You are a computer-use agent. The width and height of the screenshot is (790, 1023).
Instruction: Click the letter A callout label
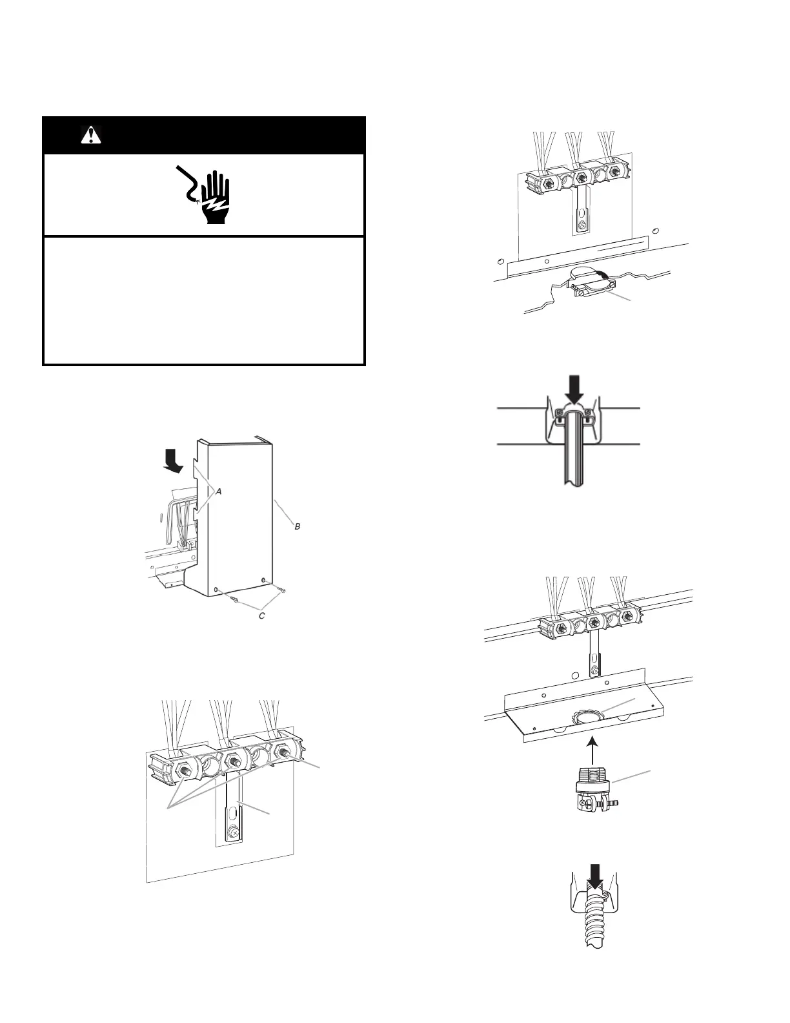point(219,491)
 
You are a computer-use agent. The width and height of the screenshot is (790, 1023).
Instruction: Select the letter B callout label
point(298,526)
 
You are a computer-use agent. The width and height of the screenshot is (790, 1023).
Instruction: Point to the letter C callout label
point(262,615)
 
